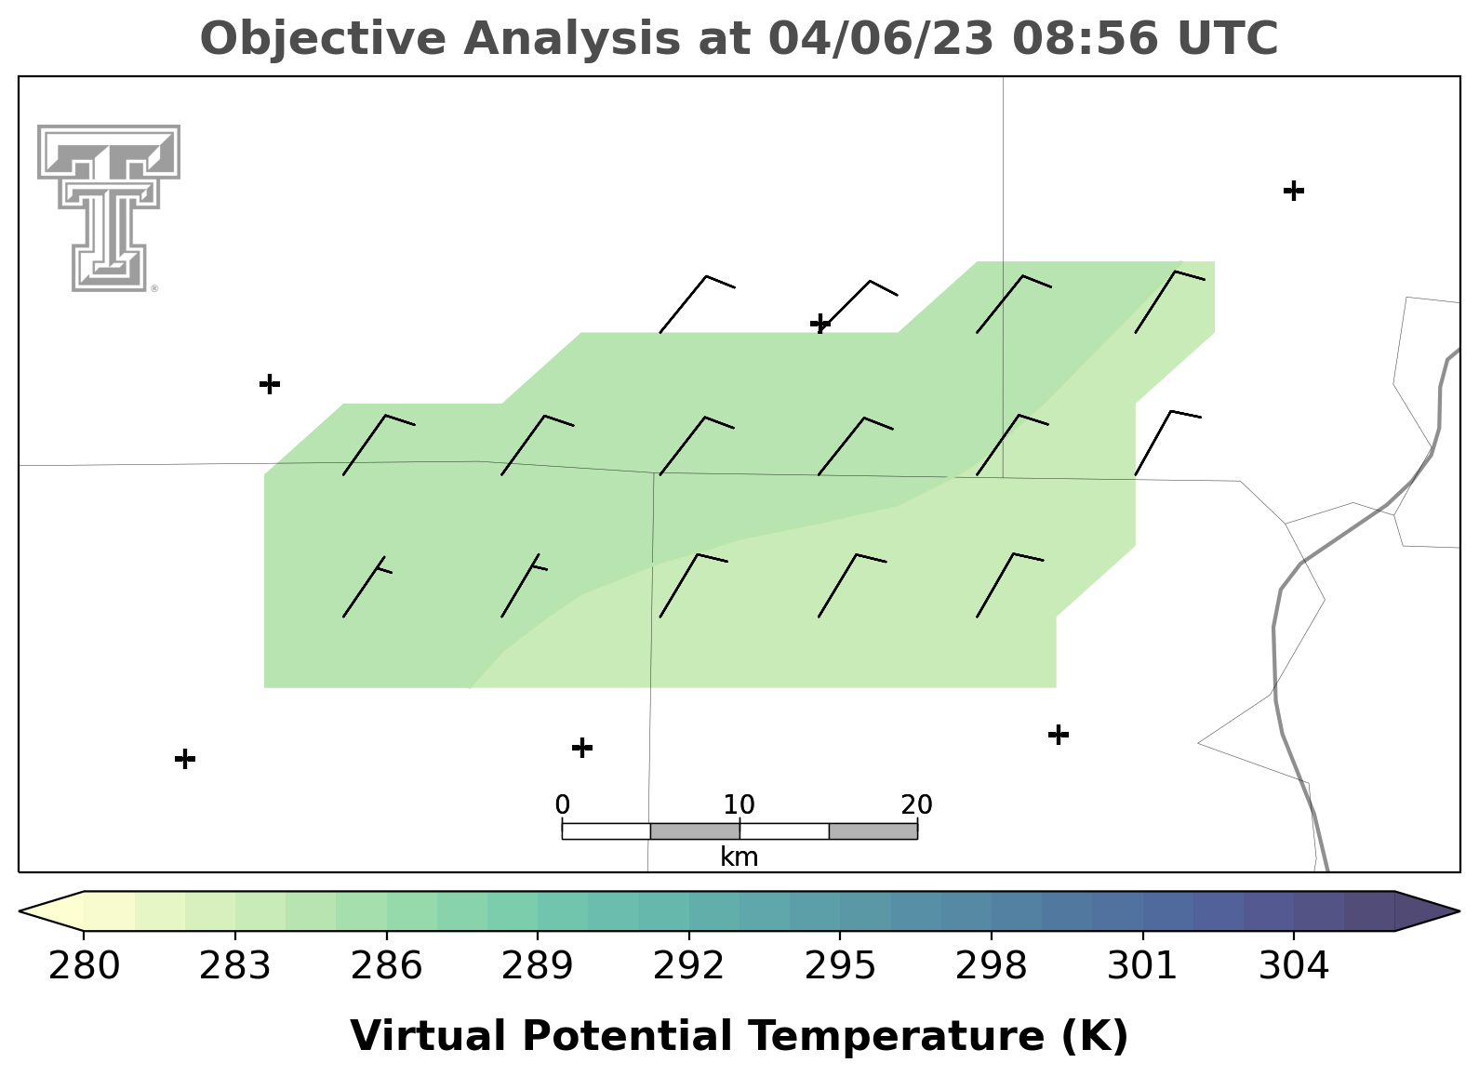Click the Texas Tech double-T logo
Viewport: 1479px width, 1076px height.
click(108, 208)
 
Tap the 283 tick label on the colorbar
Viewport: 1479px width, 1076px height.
click(235, 965)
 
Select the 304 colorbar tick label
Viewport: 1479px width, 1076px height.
click(1294, 965)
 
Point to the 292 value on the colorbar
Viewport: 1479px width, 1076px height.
click(688, 965)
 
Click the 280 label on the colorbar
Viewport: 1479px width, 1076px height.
click(84, 965)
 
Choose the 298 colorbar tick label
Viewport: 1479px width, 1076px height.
click(991, 965)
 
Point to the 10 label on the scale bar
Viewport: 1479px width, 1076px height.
click(739, 804)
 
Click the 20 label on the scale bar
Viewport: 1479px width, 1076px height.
click(916, 804)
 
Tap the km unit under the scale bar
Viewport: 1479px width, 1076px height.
click(739, 857)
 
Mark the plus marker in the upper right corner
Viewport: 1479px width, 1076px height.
click(1294, 191)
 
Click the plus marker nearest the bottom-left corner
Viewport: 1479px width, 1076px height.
click(185, 759)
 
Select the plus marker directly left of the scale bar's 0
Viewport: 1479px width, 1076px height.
click(581, 748)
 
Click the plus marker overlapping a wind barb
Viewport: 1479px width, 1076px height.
click(820, 324)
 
